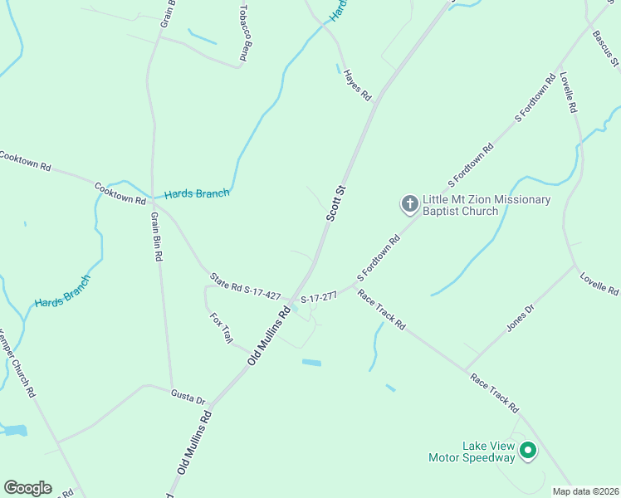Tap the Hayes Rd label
click(357, 85)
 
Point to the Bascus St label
click(604, 48)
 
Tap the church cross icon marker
click(409, 203)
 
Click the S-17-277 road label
click(318, 297)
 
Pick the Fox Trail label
click(222, 328)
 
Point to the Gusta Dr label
click(188, 396)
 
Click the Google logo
click(27, 488)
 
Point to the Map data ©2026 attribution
click(586, 491)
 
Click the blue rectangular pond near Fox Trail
click(311, 363)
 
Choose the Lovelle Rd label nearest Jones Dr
click(599, 284)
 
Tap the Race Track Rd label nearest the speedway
click(494, 393)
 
